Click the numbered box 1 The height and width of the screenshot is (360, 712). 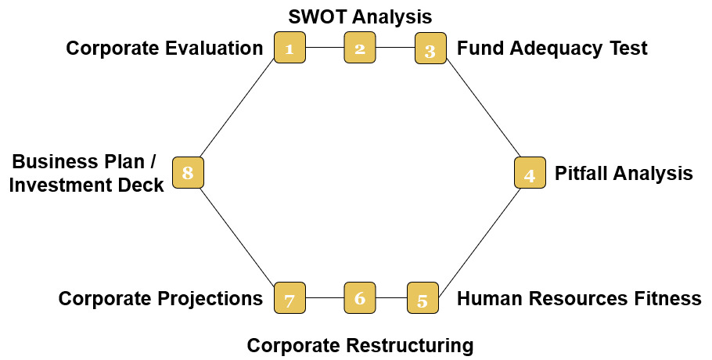click(289, 48)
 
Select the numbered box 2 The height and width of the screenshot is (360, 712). click(360, 48)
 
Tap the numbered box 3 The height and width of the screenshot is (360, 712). click(430, 49)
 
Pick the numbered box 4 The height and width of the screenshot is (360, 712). click(530, 173)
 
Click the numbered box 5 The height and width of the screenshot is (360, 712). click(423, 298)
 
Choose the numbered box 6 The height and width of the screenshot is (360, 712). click(360, 297)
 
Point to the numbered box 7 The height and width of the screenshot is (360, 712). click(289, 298)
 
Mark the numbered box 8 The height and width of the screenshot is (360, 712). click(188, 172)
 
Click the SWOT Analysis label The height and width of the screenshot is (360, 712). click(360, 16)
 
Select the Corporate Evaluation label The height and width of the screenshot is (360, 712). click(164, 49)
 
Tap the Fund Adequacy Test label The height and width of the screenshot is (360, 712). click(552, 49)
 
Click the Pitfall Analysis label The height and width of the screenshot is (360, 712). click(624, 173)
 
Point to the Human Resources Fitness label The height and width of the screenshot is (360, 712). click(579, 298)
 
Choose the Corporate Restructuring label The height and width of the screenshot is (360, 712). click(360, 345)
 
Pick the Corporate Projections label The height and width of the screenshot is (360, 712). click(160, 298)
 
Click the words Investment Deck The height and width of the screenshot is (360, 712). click(88, 185)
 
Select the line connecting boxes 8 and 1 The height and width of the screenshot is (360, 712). click(239, 110)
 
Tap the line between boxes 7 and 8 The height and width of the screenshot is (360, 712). click(239, 236)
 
